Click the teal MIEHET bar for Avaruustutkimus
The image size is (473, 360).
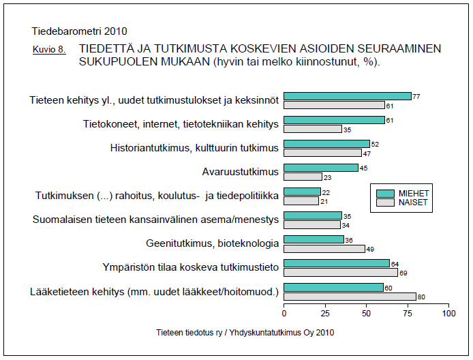pos(320,168)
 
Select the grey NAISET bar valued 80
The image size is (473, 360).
pos(350,296)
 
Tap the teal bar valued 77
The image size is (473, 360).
pos(347,96)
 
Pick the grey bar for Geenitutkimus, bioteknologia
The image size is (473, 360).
pos(324,248)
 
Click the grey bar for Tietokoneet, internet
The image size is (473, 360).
pos(312,129)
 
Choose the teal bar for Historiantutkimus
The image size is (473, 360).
pos(326,144)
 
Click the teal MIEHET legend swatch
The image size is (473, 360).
pos(386,193)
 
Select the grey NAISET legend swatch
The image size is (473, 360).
pos(386,202)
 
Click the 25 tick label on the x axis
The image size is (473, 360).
pos(325,314)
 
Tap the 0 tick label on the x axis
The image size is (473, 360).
pos(284,314)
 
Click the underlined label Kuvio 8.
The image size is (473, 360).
pos(49,50)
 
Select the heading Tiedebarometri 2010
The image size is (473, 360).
pos(79,31)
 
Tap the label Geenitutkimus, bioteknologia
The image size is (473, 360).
pos(212,243)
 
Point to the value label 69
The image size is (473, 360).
pos(403,272)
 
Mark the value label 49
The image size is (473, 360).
pos(369,248)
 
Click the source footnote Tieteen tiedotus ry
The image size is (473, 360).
pos(245,333)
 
